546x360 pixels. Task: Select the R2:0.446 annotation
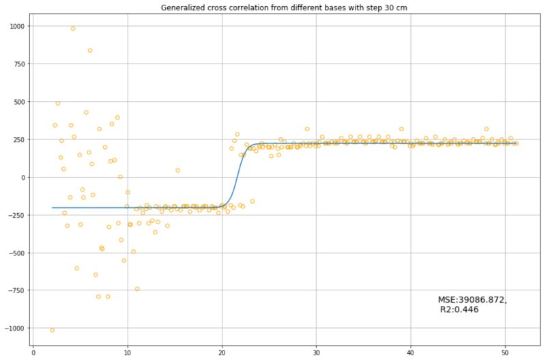click(x=461, y=309)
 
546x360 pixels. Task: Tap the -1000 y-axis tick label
click(x=14, y=329)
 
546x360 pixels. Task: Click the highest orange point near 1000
click(x=73, y=29)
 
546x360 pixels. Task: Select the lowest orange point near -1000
click(x=53, y=330)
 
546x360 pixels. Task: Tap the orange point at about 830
click(x=90, y=51)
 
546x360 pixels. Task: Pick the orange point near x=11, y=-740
click(x=137, y=289)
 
